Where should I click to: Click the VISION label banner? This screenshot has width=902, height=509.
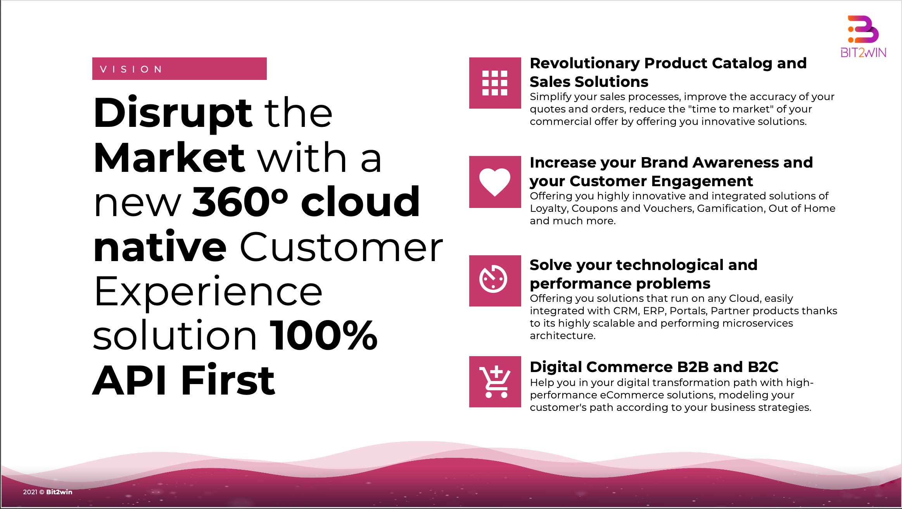pyautogui.click(x=179, y=69)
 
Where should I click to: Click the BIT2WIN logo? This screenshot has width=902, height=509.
pyautogui.click(x=863, y=36)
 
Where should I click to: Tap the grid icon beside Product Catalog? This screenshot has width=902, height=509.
pyautogui.click(x=495, y=83)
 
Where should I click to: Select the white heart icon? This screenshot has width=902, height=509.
pyautogui.click(x=495, y=182)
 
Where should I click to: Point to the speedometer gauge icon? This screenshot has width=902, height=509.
pyautogui.click(x=493, y=279)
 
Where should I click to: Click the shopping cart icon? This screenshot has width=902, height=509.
pyautogui.click(x=495, y=382)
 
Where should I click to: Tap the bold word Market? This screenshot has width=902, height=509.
pyautogui.click(x=169, y=158)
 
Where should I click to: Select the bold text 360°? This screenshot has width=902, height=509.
pyautogui.click(x=240, y=202)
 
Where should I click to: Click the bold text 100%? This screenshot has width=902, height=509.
pyautogui.click(x=323, y=335)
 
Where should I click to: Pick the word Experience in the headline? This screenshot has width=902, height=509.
pyautogui.click(x=208, y=292)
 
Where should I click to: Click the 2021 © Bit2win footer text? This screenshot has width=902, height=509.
pyautogui.click(x=48, y=492)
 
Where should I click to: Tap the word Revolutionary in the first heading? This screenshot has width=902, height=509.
pyautogui.click(x=584, y=63)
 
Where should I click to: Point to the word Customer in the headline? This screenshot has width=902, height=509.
pyautogui.click(x=341, y=247)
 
